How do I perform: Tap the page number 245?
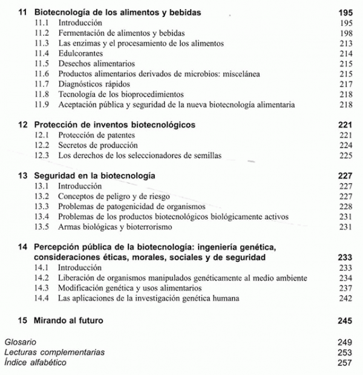(344, 320)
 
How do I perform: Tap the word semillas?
(206, 155)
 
